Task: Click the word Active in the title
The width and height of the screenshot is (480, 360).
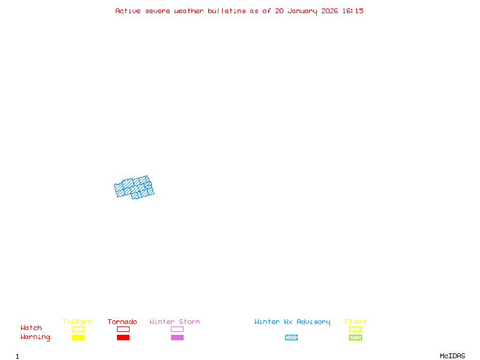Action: (128, 11)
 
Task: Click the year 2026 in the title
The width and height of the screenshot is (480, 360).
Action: (329, 11)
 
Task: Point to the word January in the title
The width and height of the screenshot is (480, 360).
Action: (302, 11)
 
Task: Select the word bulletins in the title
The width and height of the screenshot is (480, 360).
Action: (227, 11)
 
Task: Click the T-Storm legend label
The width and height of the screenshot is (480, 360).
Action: (77, 322)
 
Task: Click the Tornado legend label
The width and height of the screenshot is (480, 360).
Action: (122, 322)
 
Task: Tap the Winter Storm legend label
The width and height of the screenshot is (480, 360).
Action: (175, 322)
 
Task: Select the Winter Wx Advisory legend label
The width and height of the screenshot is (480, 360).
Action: (292, 322)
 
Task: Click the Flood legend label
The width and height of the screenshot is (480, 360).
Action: (355, 322)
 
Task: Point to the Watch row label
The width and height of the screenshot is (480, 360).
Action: (31, 328)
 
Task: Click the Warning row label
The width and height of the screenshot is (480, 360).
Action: (35, 337)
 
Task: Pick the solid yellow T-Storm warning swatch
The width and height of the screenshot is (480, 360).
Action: (79, 337)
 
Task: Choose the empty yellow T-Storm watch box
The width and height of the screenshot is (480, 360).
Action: (79, 329)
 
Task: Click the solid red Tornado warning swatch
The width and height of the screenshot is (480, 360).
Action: (124, 337)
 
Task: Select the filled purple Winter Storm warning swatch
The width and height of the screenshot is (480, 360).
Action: (177, 337)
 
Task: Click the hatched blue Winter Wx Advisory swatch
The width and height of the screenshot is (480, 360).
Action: (291, 337)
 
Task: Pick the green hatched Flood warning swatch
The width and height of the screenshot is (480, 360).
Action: (355, 337)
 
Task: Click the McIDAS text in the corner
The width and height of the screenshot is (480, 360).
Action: (452, 356)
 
